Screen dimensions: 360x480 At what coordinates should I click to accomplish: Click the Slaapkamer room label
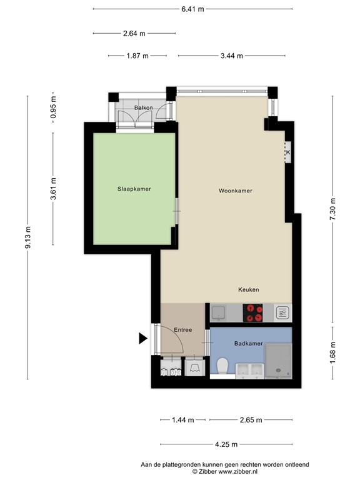[134, 189]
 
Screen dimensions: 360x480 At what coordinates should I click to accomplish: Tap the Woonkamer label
[236, 191]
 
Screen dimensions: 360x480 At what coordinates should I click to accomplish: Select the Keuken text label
[249, 289]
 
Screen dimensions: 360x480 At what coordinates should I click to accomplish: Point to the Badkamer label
[249, 344]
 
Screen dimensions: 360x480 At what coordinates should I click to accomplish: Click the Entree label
[182, 330]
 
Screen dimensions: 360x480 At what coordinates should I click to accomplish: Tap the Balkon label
[144, 107]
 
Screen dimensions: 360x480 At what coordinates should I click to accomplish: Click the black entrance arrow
[143, 338]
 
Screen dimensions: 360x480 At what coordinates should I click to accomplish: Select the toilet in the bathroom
[222, 366]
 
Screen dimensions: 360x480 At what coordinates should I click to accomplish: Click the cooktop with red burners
[252, 313]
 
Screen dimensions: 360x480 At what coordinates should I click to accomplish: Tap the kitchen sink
[218, 313]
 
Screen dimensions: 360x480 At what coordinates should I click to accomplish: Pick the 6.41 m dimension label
[192, 9]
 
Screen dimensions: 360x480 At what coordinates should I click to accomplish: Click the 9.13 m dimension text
[28, 237]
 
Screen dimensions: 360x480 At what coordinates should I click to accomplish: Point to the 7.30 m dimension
[333, 209]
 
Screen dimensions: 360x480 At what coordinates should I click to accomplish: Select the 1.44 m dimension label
[182, 420]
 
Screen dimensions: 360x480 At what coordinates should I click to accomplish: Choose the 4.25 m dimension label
[226, 444]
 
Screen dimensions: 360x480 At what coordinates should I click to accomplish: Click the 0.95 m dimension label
[53, 107]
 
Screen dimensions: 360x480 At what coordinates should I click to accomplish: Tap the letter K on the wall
[288, 152]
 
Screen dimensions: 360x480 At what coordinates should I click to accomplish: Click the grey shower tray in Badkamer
[278, 361]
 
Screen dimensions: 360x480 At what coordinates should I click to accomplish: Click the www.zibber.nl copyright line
[225, 472]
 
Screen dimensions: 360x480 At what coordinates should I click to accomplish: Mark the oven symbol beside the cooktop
[282, 313]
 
